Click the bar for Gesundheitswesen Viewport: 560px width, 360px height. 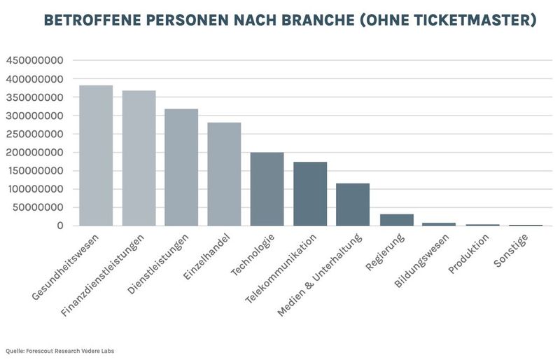click(96, 155)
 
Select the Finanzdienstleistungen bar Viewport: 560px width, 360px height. click(139, 158)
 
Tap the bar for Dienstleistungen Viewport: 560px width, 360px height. click(181, 167)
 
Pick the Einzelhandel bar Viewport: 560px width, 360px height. click(224, 174)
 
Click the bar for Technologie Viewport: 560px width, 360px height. click(267, 189)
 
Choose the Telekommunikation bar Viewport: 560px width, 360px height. click(310, 194)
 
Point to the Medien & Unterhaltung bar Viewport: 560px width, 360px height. click(353, 205)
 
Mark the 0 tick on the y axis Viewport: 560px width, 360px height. click(61, 226)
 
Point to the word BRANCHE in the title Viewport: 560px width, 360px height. click(315, 20)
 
